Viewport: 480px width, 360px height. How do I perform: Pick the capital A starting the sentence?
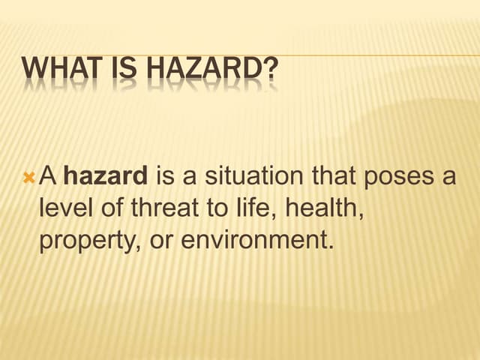tap(48, 176)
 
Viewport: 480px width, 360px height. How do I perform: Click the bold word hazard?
tap(106, 176)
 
